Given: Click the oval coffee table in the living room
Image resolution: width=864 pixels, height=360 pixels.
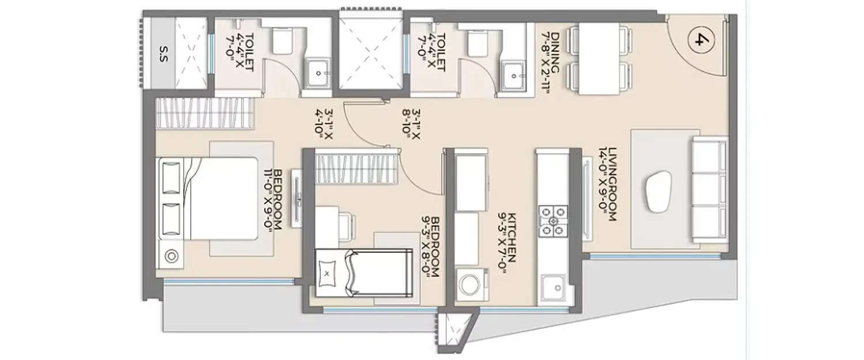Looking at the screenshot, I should point(658,192).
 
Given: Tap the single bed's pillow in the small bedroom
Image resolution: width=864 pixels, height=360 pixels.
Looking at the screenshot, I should point(328,274).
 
